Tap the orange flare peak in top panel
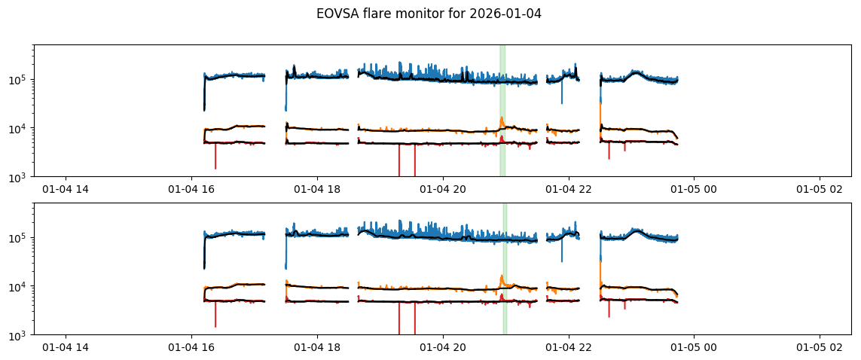tap(501, 117)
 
